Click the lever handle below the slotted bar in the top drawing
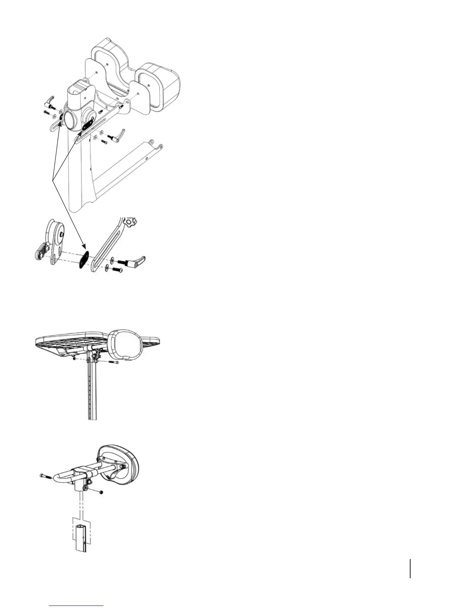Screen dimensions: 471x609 (x=118, y=134)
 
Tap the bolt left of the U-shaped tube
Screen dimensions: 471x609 (x=45, y=476)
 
